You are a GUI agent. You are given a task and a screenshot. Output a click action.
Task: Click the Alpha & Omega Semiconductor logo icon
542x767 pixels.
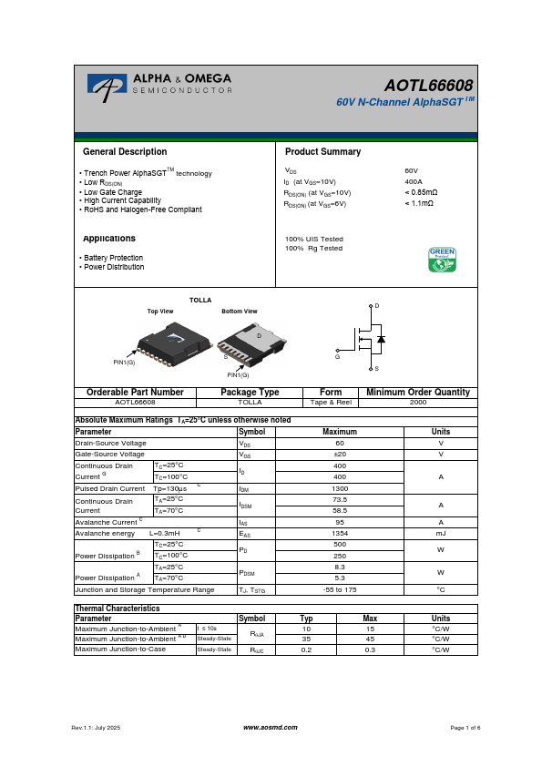(x=107, y=86)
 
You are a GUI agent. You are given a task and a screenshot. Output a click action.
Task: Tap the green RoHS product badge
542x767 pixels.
(x=442, y=259)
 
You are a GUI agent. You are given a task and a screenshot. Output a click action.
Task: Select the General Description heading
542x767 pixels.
(x=125, y=152)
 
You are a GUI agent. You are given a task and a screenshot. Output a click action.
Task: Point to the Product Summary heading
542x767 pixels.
(x=322, y=152)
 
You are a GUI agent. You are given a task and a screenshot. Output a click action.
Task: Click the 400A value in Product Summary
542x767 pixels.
(x=413, y=181)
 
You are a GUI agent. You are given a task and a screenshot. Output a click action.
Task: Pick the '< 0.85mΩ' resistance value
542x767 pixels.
(x=421, y=192)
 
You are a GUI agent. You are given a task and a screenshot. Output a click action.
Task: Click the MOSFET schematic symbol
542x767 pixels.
(x=368, y=339)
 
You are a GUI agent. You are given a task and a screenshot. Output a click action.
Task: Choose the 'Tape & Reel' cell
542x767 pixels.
(x=331, y=401)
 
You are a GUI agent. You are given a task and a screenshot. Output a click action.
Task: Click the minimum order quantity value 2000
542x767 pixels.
(x=417, y=401)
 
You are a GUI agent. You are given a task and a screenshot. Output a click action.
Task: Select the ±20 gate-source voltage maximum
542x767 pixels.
(x=340, y=454)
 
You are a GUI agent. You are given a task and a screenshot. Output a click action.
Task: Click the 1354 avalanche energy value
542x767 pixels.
(x=340, y=534)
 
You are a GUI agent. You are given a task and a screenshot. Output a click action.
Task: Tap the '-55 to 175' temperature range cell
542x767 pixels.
(x=340, y=589)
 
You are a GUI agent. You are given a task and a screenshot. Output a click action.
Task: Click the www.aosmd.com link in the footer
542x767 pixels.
(x=271, y=728)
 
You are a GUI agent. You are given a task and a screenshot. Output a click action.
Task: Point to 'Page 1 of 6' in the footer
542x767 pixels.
(x=465, y=728)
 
